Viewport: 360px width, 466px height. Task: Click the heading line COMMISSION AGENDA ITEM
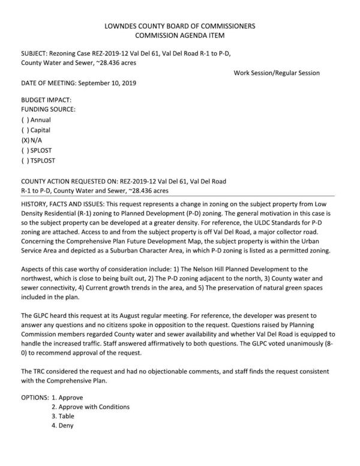(x=179, y=36)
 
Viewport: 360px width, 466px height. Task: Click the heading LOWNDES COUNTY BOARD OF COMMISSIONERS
(x=179, y=26)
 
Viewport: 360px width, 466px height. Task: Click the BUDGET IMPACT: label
(x=46, y=100)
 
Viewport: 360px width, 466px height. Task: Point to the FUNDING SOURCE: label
(x=49, y=110)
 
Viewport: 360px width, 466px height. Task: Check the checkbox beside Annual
(x=25, y=120)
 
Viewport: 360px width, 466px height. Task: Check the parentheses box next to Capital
(x=25, y=130)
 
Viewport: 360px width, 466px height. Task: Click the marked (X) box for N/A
(x=25, y=140)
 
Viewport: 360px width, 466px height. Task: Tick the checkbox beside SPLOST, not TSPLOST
(x=25, y=150)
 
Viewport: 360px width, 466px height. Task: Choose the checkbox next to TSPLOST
(x=25, y=160)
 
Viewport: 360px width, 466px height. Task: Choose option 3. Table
(x=63, y=416)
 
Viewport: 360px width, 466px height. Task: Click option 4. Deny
(x=62, y=426)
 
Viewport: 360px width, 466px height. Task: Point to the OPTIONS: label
(x=34, y=397)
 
